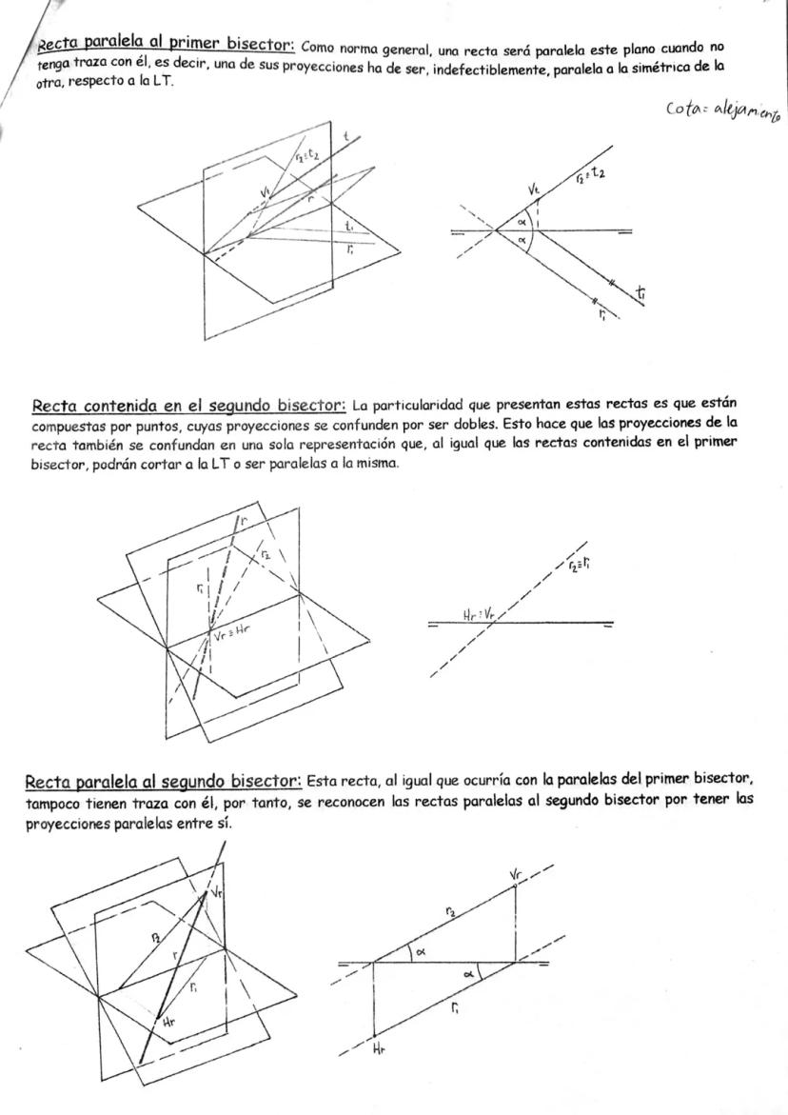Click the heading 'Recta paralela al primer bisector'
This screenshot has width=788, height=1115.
click(x=166, y=44)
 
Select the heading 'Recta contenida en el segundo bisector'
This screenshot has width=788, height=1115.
click(x=188, y=407)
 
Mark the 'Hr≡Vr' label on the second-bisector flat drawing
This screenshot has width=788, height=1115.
click(x=480, y=614)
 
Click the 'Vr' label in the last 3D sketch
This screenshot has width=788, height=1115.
click(x=217, y=892)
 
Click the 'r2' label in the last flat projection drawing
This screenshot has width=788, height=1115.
click(x=450, y=912)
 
